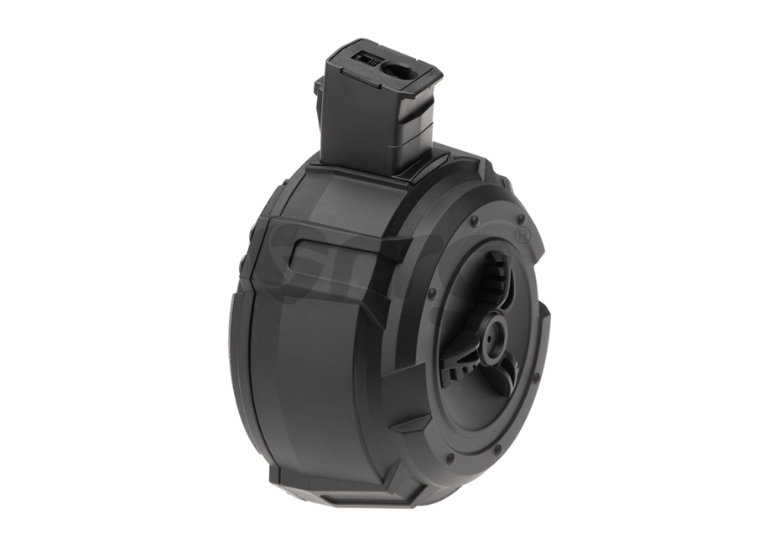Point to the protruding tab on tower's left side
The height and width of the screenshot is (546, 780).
(319, 93)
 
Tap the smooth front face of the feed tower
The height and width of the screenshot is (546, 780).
(352, 126)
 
